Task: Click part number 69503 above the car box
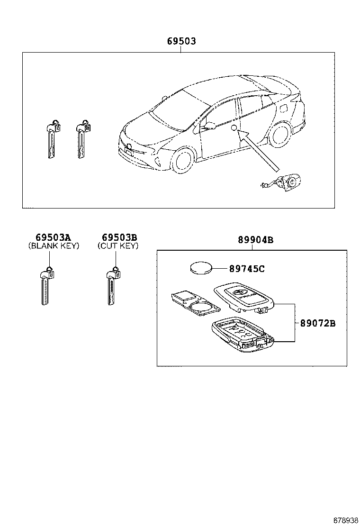(181, 41)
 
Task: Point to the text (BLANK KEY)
(54, 245)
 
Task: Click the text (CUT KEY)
(118, 245)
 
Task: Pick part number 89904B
(256, 240)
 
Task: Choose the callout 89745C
(247, 269)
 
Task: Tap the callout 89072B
(318, 323)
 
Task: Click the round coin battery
(201, 269)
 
